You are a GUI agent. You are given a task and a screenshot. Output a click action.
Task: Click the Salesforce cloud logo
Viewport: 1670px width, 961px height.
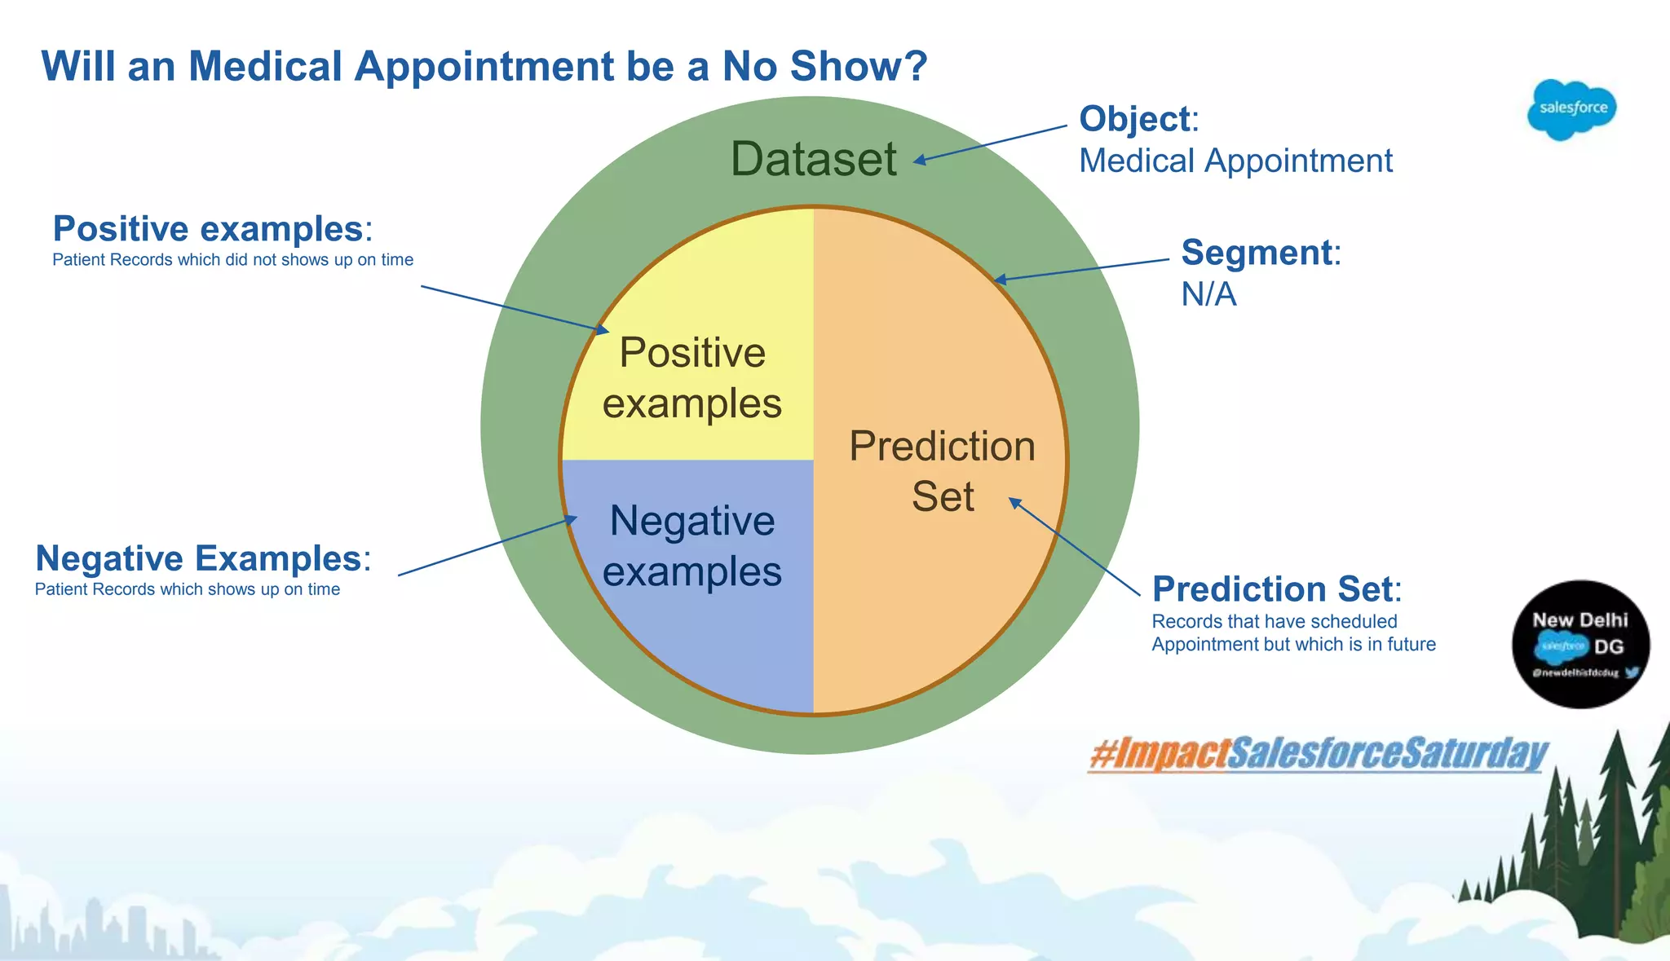[x=1571, y=109]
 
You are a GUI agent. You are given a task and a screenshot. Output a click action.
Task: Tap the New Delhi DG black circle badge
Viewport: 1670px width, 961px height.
[x=1580, y=644]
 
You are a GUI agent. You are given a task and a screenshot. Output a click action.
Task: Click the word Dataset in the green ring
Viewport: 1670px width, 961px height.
[x=813, y=159]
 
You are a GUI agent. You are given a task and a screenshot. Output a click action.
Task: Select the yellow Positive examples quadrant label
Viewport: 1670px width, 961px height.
[x=691, y=378]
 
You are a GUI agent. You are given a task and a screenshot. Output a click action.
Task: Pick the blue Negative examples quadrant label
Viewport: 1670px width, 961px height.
[x=691, y=545]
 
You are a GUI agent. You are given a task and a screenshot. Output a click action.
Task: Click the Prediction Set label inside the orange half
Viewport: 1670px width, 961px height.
[x=942, y=471]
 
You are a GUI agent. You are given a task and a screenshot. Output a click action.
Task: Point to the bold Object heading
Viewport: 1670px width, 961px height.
[x=1134, y=119]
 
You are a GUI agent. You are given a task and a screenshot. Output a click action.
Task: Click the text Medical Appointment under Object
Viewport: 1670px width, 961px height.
[x=1235, y=161]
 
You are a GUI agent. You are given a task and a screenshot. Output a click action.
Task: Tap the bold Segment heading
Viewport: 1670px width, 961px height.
[x=1256, y=253]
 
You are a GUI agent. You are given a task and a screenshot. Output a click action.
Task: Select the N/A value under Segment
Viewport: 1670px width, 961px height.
[x=1208, y=294]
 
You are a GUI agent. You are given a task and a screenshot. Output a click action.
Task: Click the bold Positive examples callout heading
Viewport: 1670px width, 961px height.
[x=208, y=229]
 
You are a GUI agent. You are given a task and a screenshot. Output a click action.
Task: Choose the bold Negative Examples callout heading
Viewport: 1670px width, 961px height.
[x=198, y=559]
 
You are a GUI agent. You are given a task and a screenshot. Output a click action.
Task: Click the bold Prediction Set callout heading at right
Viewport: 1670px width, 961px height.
[x=1272, y=589]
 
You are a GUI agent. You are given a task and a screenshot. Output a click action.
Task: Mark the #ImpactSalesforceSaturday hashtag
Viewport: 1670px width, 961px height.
[x=1318, y=753]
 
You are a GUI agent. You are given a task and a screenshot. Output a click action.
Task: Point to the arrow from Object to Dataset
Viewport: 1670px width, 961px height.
[x=990, y=143]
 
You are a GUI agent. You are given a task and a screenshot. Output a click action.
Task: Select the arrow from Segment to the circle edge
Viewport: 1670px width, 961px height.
[x=1082, y=271]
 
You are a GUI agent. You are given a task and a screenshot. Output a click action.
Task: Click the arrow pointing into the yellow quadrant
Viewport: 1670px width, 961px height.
[x=514, y=309]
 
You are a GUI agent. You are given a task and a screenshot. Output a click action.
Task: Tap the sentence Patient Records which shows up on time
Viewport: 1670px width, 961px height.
[x=187, y=589]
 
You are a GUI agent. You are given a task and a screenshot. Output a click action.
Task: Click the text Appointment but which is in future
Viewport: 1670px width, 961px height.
[x=1292, y=645]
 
